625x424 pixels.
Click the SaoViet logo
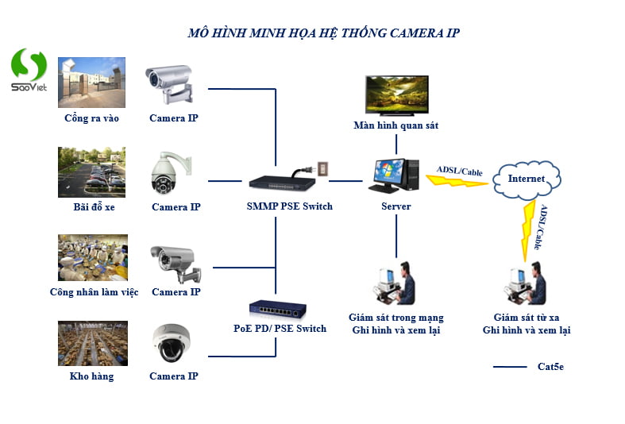[x=29, y=70]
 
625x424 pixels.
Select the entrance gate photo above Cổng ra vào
[x=91, y=82]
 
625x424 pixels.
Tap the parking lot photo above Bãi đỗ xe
[x=91, y=172]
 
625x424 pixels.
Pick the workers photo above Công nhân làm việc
[x=92, y=257]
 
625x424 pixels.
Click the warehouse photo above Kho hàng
[x=92, y=343]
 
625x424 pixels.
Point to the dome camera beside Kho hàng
[x=173, y=343]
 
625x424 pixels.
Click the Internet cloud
[x=527, y=179]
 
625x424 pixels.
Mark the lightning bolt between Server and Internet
[x=457, y=179]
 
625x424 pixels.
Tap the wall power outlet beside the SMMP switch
[x=322, y=169]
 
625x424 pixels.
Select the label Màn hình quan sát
[x=395, y=125]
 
